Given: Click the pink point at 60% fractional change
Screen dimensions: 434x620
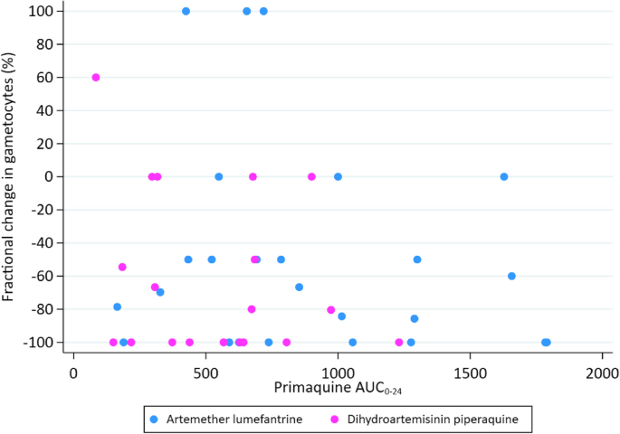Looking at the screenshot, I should [96, 78].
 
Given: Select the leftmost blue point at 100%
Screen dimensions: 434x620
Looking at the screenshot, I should [186, 11].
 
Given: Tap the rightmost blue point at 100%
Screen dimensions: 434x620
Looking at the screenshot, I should [263, 11].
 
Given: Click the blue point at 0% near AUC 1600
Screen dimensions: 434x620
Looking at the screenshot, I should [504, 176].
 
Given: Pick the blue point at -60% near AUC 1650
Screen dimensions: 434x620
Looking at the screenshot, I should [511, 276].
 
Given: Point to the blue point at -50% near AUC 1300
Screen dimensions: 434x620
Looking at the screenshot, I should [417, 259].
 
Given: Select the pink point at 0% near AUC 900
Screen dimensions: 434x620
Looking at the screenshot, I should [311, 176].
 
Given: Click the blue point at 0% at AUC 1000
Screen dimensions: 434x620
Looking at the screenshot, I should [338, 176].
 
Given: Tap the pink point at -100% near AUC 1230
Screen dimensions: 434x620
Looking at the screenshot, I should [399, 343].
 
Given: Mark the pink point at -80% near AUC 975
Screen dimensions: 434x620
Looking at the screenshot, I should [331, 310].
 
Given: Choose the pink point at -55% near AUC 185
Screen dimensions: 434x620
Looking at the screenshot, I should [122, 268].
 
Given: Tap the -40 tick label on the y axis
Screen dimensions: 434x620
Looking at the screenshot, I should [41, 243].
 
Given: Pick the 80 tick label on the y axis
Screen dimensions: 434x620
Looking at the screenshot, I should [45, 44].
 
